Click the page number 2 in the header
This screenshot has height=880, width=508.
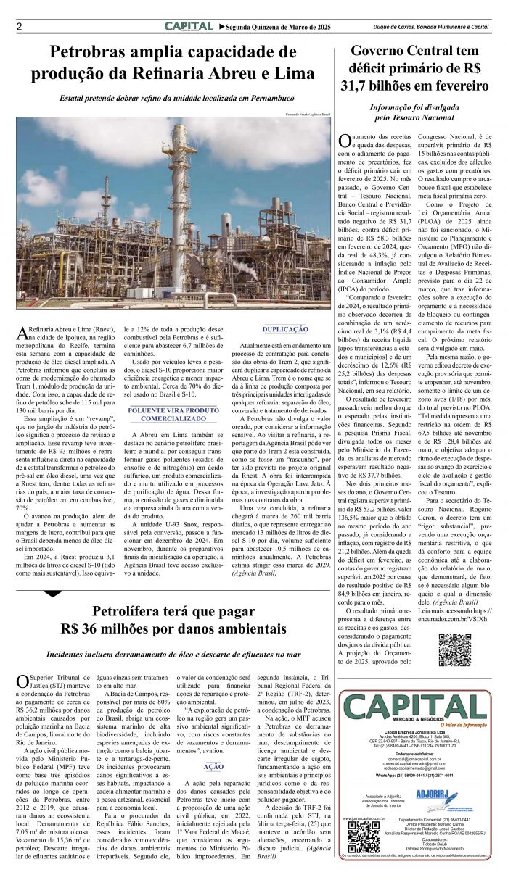tap(20, 27)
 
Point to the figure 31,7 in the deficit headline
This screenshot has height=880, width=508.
tap(369, 86)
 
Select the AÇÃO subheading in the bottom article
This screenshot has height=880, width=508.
tap(213, 766)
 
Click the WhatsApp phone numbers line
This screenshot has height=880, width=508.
tap(414, 775)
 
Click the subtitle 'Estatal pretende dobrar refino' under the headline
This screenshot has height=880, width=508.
tap(177, 97)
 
